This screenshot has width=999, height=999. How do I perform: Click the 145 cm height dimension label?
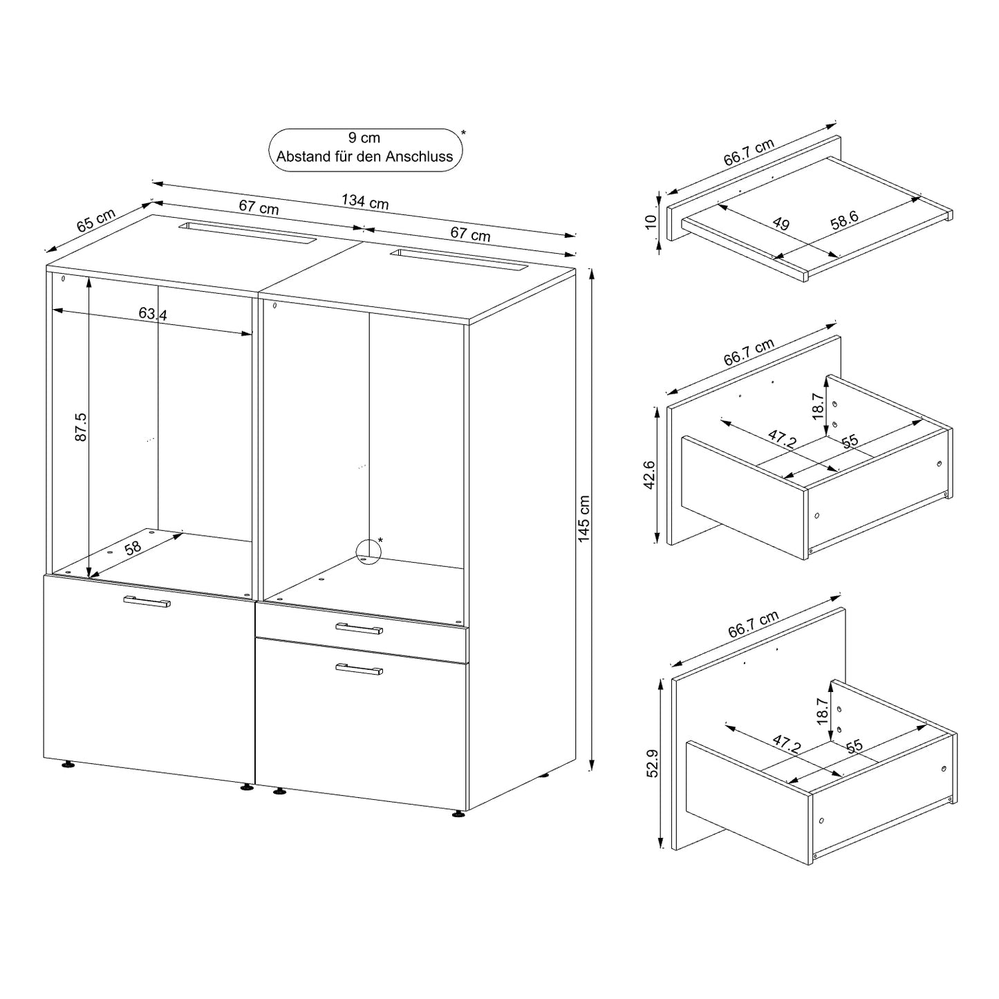pyautogui.click(x=583, y=519)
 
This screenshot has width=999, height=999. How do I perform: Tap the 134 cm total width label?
pyautogui.click(x=365, y=201)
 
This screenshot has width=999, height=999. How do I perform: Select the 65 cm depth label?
pyautogui.click(x=96, y=221)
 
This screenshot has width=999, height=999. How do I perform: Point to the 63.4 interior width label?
pyautogui.click(x=153, y=314)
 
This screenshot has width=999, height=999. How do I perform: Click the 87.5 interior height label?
pyautogui.click(x=81, y=427)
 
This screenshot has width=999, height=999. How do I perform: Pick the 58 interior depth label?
pyautogui.click(x=133, y=548)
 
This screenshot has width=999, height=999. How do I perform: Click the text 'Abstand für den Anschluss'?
pyautogui.click(x=364, y=156)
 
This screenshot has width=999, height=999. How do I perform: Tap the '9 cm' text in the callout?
pyautogui.click(x=364, y=138)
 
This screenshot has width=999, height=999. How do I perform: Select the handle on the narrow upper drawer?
pyautogui.click(x=360, y=629)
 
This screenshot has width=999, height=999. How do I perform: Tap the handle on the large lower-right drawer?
pyautogui.click(x=360, y=669)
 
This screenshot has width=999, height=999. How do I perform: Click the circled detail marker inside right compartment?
pyautogui.click(x=368, y=552)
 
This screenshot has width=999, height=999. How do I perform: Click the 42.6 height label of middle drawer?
pyautogui.click(x=649, y=475)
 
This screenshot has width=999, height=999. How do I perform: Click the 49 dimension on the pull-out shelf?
pyautogui.click(x=781, y=223)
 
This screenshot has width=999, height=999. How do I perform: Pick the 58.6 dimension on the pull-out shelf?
pyautogui.click(x=845, y=221)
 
